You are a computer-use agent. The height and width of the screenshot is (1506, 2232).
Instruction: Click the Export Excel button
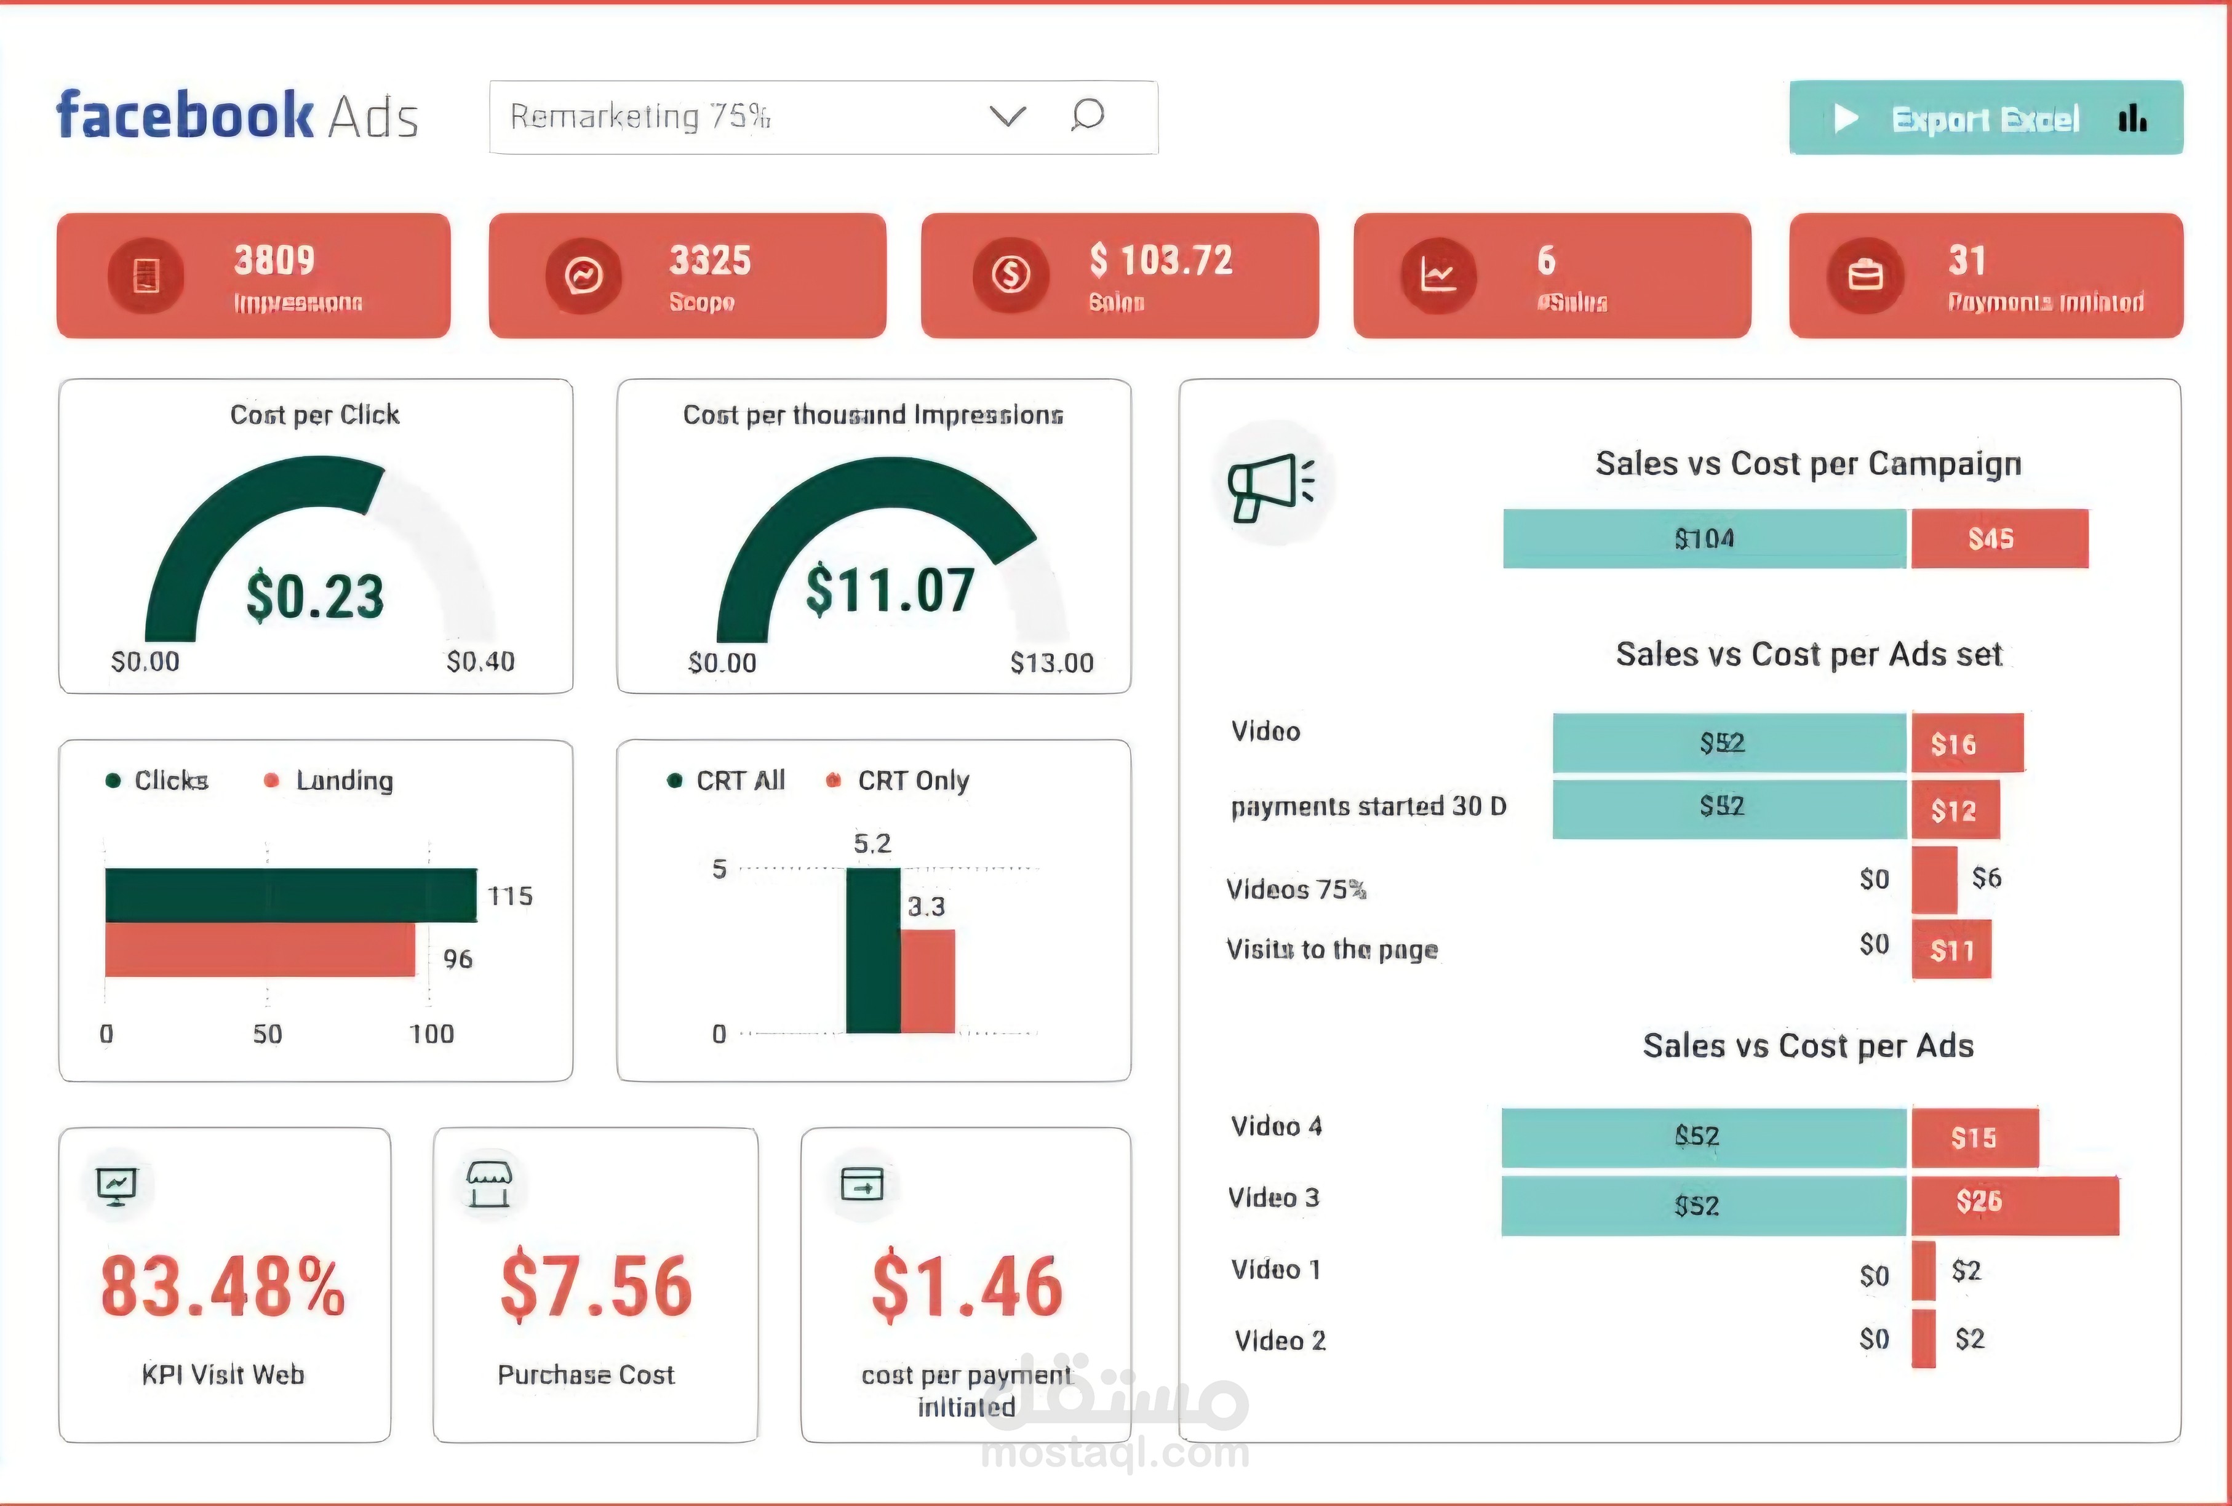[x=1985, y=118]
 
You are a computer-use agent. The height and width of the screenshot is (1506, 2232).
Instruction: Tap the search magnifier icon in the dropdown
[x=1087, y=115]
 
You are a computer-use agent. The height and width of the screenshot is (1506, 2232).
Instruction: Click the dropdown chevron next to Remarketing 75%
[x=1008, y=116]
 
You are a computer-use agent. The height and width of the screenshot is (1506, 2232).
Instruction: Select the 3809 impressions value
[x=274, y=260]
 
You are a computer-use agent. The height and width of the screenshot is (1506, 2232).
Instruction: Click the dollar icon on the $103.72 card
[x=1010, y=276]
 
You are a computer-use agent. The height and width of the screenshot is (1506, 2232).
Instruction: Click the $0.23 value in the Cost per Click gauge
[x=315, y=596]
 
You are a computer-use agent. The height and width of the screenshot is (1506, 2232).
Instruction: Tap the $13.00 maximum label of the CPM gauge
[x=1051, y=663]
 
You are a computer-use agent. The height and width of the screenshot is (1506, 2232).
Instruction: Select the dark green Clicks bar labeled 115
[x=290, y=895]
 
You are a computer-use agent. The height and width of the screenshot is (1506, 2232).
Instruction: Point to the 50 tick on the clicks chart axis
[x=267, y=1034]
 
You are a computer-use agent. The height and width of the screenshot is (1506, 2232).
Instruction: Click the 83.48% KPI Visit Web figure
[x=223, y=1286]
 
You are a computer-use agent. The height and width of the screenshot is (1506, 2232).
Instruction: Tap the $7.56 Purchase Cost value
[x=596, y=1286]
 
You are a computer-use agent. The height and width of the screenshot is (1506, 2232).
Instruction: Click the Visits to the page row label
[x=1332, y=950]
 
